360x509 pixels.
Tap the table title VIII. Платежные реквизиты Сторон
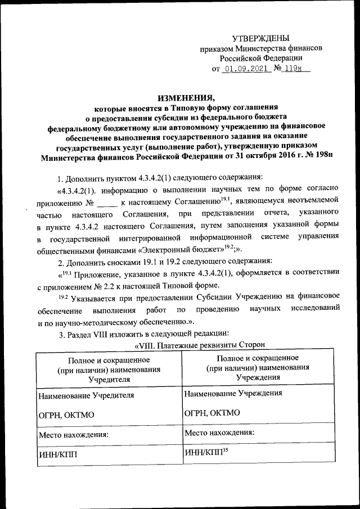[200, 344]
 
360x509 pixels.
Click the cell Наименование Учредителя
[86, 395]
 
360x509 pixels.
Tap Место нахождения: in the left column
[73, 435]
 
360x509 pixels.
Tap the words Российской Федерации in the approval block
[261, 58]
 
